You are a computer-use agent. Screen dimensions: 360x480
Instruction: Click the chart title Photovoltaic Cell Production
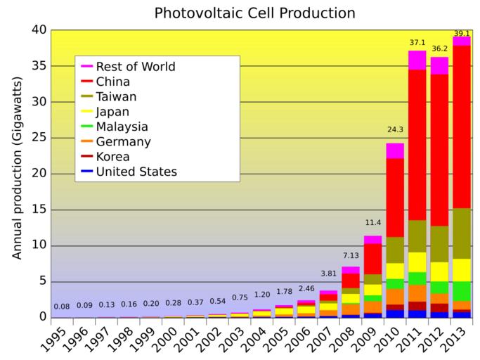tap(254, 13)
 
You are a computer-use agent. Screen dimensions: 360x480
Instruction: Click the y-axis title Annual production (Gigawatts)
tap(17, 174)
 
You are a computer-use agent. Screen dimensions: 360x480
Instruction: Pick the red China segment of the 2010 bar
tap(395, 198)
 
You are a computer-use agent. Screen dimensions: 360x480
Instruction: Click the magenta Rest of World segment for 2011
tap(417, 60)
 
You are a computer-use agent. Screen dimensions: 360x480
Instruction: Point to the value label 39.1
tap(461, 32)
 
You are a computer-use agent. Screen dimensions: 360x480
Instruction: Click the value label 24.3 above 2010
tap(395, 130)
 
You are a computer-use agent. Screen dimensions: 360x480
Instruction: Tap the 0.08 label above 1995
tap(62, 307)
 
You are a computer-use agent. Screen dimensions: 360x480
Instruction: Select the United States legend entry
tap(136, 172)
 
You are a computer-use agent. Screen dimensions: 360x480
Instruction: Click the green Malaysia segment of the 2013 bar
tap(461, 291)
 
